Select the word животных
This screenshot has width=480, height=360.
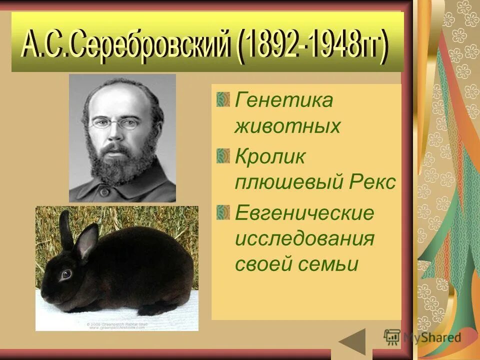[287, 126]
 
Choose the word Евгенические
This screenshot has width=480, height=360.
[304, 213]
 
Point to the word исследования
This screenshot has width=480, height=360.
[304, 238]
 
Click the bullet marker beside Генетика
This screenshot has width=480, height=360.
[223, 98]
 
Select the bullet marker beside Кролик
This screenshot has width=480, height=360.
[223, 155]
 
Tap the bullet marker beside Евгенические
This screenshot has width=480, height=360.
[223, 211]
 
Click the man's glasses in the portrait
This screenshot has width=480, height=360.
[115, 123]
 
